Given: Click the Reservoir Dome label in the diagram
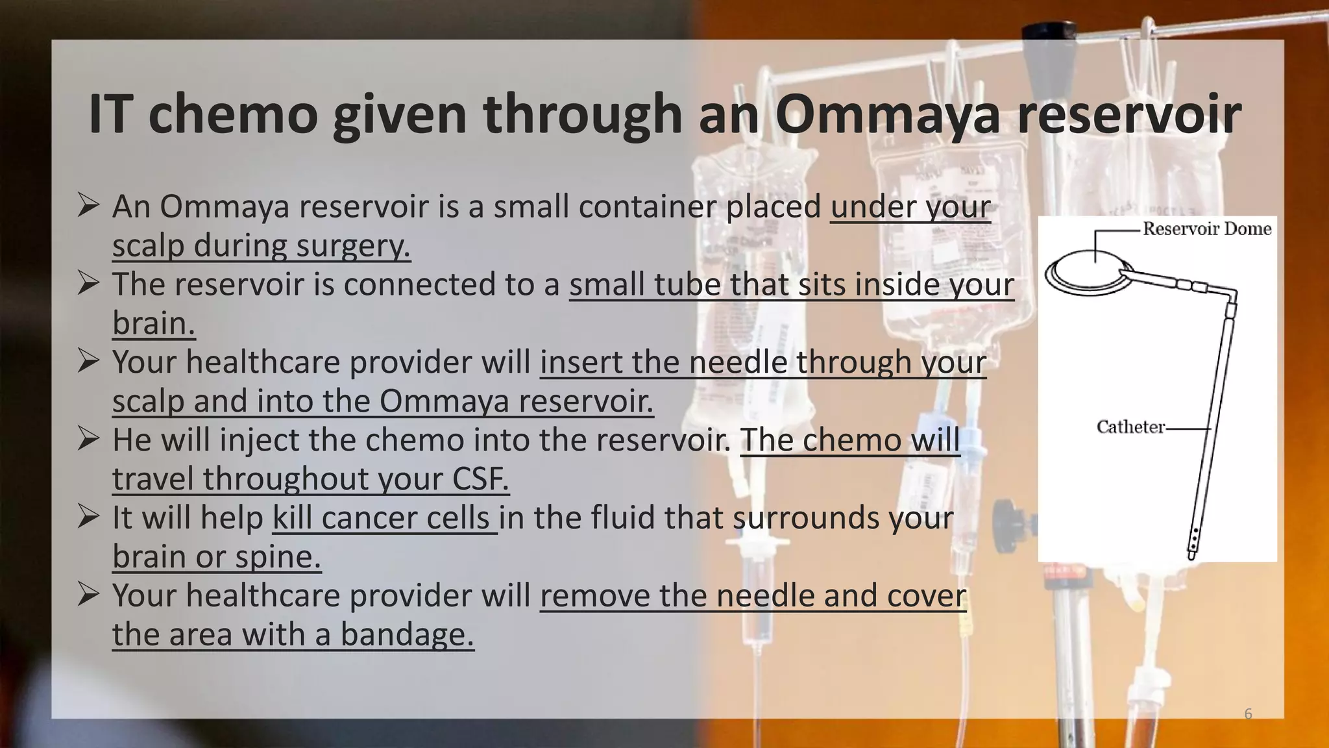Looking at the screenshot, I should coord(1206,229).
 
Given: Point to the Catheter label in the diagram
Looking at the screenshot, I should coord(1130,427).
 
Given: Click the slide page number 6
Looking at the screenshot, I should coord(1248,714).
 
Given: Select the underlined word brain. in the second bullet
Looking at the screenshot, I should coord(154,323).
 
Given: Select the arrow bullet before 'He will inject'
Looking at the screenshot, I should coord(88,439).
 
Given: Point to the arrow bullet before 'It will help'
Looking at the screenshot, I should coord(88,517).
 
